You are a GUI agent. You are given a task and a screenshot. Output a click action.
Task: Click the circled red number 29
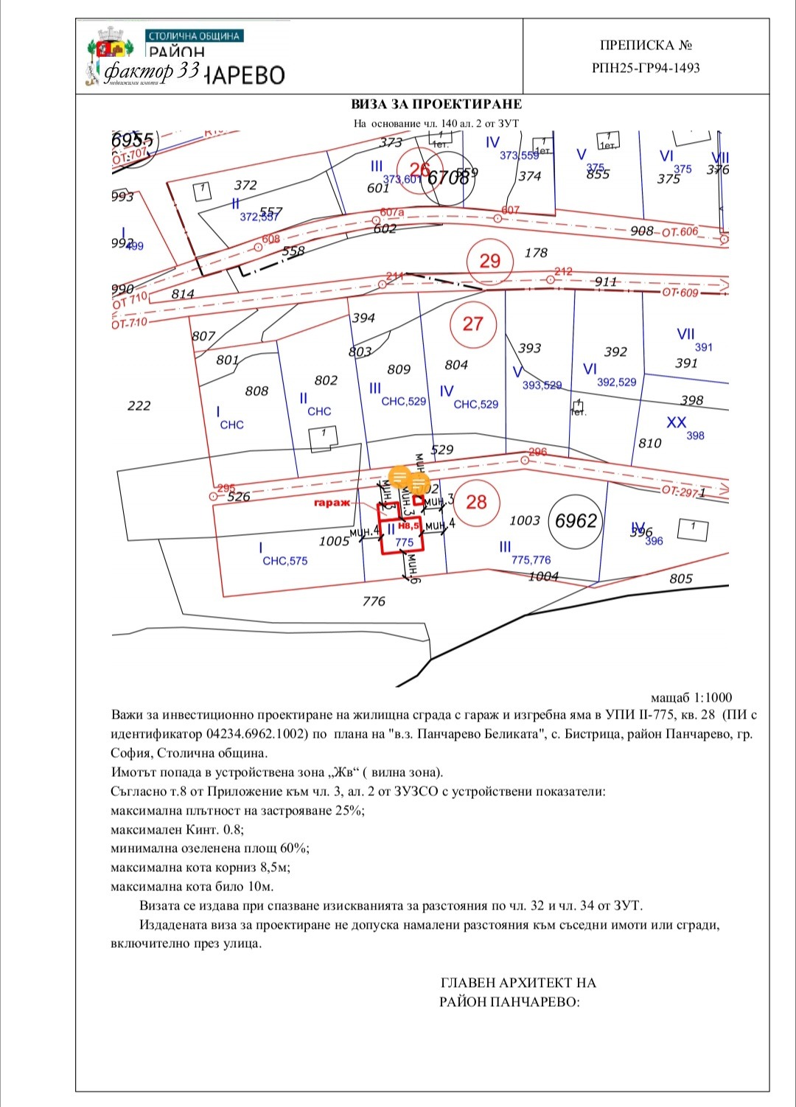pyautogui.click(x=489, y=261)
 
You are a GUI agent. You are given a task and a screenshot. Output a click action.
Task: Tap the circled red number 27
pyautogui.click(x=472, y=324)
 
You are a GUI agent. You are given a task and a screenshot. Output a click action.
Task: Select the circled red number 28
pyautogui.click(x=476, y=502)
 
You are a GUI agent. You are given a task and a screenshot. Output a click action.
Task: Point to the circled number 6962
pyautogui.click(x=576, y=521)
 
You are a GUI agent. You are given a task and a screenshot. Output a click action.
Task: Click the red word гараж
pyautogui.click(x=332, y=503)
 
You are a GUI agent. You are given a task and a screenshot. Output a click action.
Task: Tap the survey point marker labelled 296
pyautogui.click(x=525, y=460)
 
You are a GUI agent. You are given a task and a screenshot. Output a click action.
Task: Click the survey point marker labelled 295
pyautogui.click(x=214, y=497)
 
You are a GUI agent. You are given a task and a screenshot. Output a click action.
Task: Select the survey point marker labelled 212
pyautogui.click(x=551, y=280)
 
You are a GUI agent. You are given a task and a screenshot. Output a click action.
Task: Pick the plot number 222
pyautogui.click(x=139, y=405)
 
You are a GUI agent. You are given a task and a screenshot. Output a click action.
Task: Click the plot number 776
pyautogui.click(x=374, y=601)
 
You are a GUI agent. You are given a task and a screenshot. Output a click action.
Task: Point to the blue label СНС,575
pyautogui.click(x=285, y=561)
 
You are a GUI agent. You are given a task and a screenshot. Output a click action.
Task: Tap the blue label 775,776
pyautogui.click(x=531, y=560)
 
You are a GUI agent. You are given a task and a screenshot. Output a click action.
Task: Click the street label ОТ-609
pyautogui.click(x=680, y=293)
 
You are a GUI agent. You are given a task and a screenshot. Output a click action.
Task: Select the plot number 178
pyautogui.click(x=536, y=253)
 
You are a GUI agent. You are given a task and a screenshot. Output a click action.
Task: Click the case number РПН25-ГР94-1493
pyautogui.click(x=646, y=69)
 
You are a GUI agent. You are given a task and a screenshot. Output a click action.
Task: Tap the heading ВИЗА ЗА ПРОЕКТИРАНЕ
pyautogui.click(x=436, y=104)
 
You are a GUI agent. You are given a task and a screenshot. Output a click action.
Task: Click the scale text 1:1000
pyautogui.click(x=712, y=697)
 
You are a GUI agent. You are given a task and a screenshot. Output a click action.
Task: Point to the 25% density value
pyautogui.click(x=350, y=811)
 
